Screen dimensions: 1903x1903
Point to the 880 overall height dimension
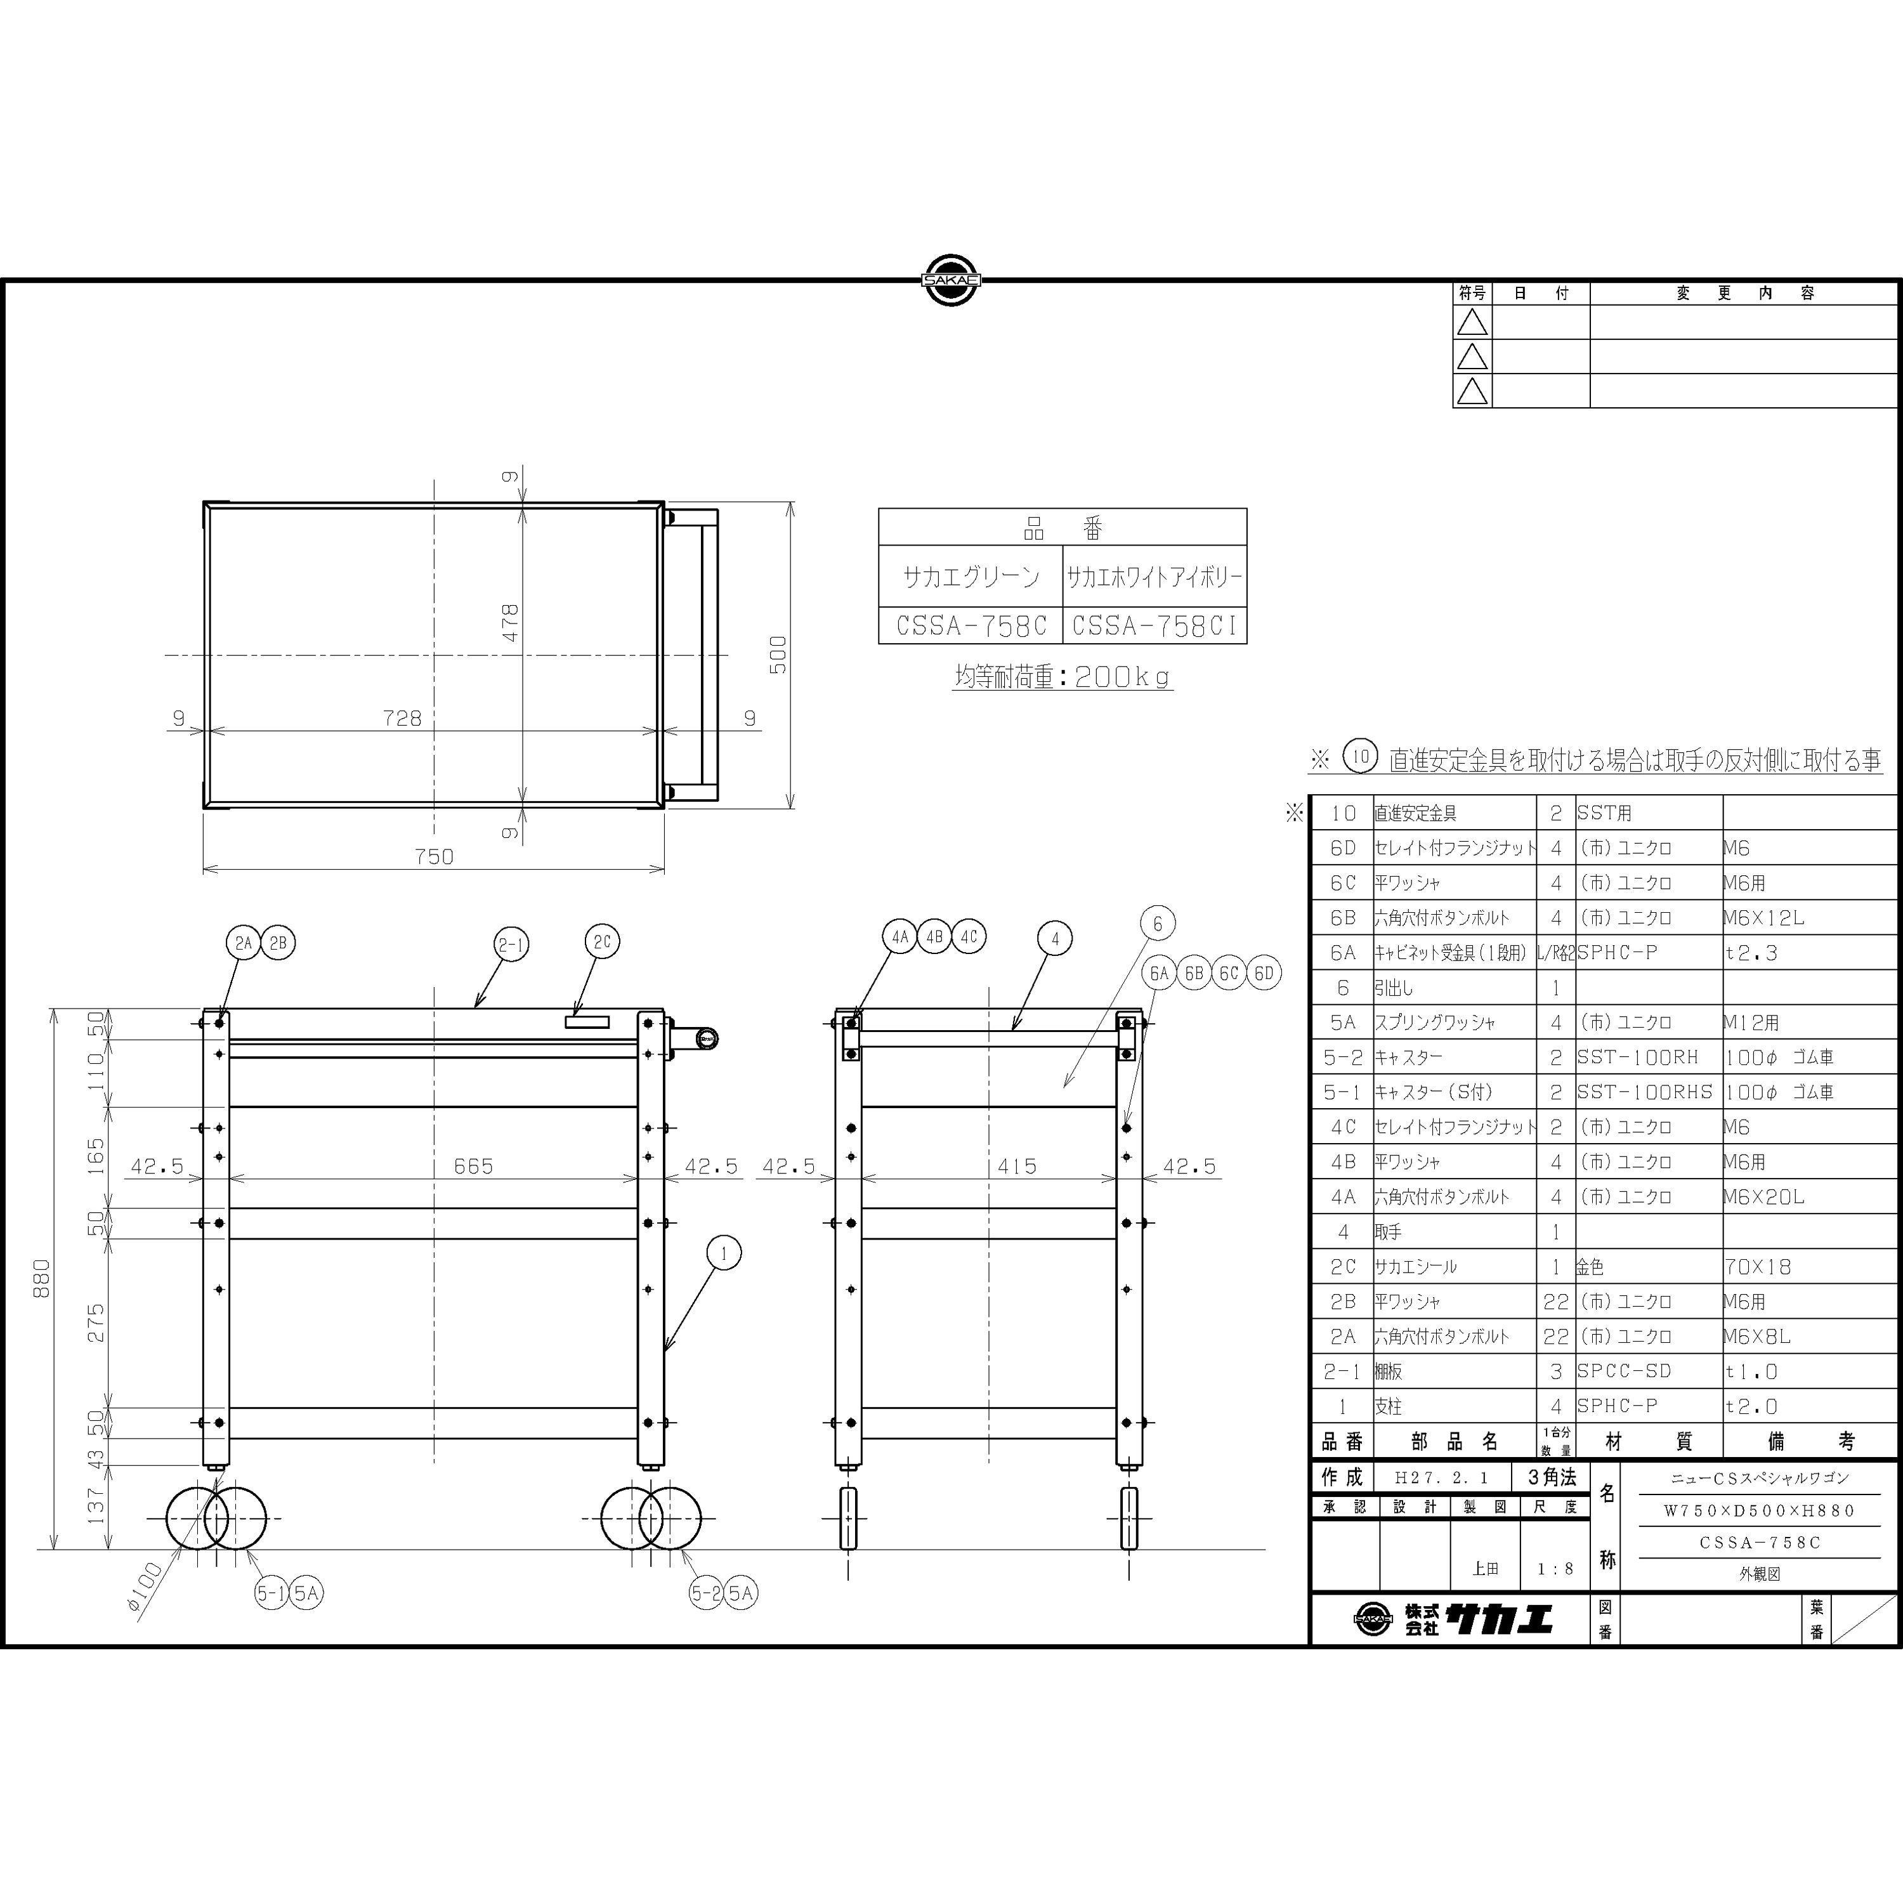(x=41, y=1279)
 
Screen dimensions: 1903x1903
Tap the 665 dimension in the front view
(x=474, y=1167)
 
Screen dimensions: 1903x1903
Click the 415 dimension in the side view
(x=1016, y=1167)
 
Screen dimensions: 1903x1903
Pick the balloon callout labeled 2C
(x=602, y=941)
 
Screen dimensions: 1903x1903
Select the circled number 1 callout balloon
(x=724, y=1253)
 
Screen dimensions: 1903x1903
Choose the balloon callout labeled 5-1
(x=272, y=1593)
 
